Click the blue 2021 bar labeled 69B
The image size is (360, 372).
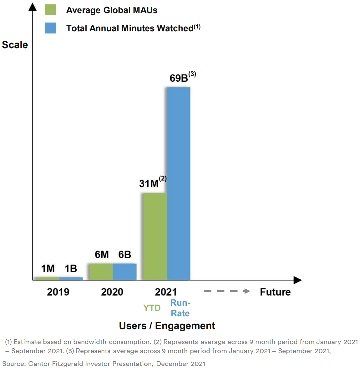pos(179,183)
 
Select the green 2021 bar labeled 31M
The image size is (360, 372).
pos(155,236)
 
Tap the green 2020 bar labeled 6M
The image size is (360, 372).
pos(101,272)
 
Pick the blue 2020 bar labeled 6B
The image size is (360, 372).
pos(124,272)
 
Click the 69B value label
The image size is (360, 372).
pos(179,78)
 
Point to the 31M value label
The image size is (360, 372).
pos(149,183)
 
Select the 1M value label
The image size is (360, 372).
pos(48,268)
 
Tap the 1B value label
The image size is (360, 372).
pos(71,268)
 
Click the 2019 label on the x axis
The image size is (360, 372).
pos(58,292)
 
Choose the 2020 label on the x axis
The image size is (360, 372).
pos(112,292)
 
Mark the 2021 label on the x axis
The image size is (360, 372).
pos(166,292)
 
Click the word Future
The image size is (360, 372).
pos(275,292)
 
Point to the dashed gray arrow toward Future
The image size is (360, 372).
pos(226,291)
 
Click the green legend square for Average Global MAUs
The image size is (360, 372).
pos(50,10)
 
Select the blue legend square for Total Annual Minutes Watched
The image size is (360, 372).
pos(50,28)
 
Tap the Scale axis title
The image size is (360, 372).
pos(15,45)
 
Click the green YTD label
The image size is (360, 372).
pos(152,308)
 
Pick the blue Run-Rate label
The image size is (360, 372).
pos(180,308)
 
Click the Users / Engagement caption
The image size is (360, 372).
pos(167,326)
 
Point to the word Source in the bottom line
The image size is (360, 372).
pos(14,364)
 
